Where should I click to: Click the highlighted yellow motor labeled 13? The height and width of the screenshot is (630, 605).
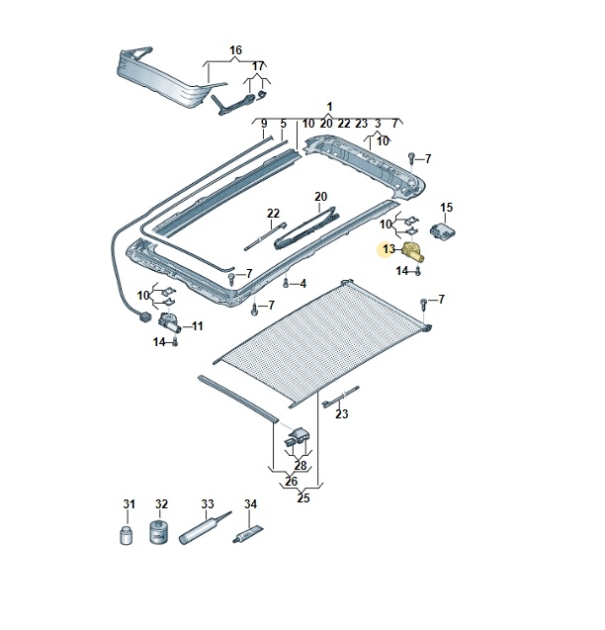pyautogui.click(x=413, y=251)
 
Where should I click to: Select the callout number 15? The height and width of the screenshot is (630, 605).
pyautogui.click(x=446, y=208)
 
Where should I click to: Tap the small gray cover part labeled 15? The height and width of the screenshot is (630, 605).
pyautogui.click(x=443, y=231)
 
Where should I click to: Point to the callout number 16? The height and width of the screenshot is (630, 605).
pyautogui.click(x=236, y=50)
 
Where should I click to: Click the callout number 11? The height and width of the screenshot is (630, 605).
pyautogui.click(x=197, y=325)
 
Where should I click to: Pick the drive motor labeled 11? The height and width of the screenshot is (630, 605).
pyautogui.click(x=169, y=321)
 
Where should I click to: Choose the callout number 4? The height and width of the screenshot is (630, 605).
pyautogui.click(x=302, y=284)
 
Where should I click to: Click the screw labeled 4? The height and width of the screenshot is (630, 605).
pyautogui.click(x=286, y=283)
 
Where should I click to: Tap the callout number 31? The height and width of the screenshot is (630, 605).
pyautogui.click(x=129, y=503)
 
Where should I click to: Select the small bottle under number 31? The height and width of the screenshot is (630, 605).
pyautogui.click(x=127, y=534)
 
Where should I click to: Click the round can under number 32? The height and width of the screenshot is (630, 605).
pyautogui.click(x=159, y=532)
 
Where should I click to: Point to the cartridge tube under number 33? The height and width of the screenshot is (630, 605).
pyautogui.click(x=205, y=528)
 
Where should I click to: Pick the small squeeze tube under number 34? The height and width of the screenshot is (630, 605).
pyautogui.click(x=249, y=535)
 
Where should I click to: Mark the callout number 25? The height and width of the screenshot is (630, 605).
pyautogui.click(x=303, y=497)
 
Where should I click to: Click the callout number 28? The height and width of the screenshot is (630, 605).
pyautogui.click(x=301, y=465)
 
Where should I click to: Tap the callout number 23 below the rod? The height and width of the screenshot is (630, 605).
pyautogui.click(x=342, y=413)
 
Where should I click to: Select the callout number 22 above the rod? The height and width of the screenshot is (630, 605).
pyautogui.click(x=273, y=214)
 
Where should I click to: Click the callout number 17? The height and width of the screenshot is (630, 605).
pyautogui.click(x=258, y=66)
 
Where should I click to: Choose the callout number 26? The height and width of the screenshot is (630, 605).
pyautogui.click(x=291, y=482)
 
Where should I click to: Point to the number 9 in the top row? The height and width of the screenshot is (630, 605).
pyautogui.click(x=264, y=124)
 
